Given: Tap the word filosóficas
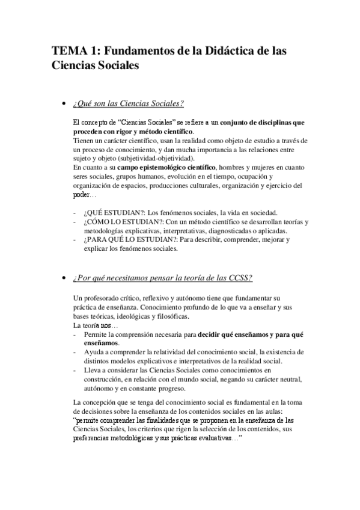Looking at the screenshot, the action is pos(174,316).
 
